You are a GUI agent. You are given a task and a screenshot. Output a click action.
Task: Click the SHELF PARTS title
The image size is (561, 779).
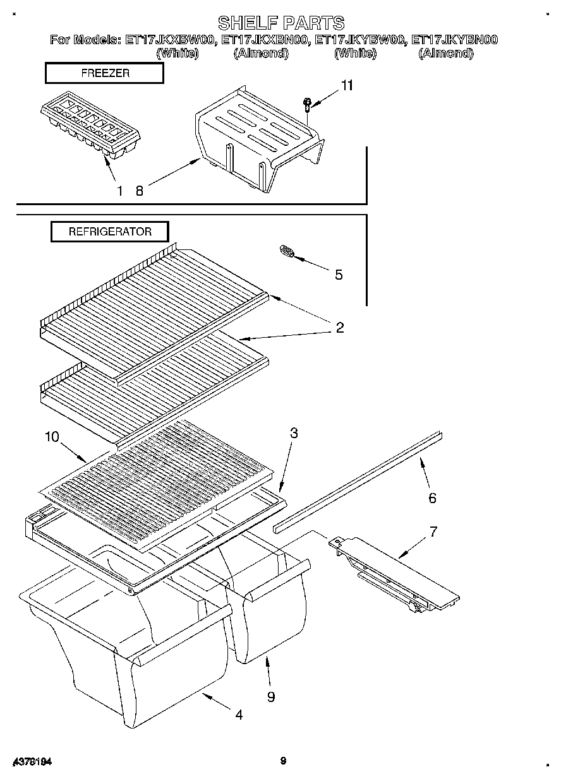(280, 23)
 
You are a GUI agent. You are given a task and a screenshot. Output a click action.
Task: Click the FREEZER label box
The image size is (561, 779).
(105, 73)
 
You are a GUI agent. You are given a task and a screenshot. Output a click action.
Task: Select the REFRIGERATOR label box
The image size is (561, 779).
(110, 232)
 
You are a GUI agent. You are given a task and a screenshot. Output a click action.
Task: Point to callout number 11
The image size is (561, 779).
(347, 86)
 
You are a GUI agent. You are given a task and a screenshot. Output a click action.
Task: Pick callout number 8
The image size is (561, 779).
(139, 191)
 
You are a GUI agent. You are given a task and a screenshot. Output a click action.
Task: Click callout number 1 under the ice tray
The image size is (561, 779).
(119, 191)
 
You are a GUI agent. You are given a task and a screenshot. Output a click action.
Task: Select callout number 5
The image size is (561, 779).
(339, 275)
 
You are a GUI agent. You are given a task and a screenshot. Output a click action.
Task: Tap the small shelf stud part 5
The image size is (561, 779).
(286, 253)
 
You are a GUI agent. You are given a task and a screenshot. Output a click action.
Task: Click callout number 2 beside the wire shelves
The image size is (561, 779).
(339, 327)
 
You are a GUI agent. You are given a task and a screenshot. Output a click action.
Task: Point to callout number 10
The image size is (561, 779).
(52, 436)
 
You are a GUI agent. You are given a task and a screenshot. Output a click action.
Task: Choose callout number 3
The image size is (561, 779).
(294, 433)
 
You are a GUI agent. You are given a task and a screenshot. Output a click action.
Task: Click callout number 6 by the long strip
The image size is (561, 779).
(432, 498)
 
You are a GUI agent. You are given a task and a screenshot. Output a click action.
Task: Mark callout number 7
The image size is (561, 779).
(433, 531)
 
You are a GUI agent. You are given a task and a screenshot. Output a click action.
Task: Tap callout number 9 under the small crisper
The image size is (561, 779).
(270, 696)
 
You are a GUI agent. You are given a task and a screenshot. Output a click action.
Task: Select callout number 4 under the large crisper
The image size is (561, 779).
(239, 715)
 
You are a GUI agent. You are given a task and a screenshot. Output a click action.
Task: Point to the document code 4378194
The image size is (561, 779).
(31, 762)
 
